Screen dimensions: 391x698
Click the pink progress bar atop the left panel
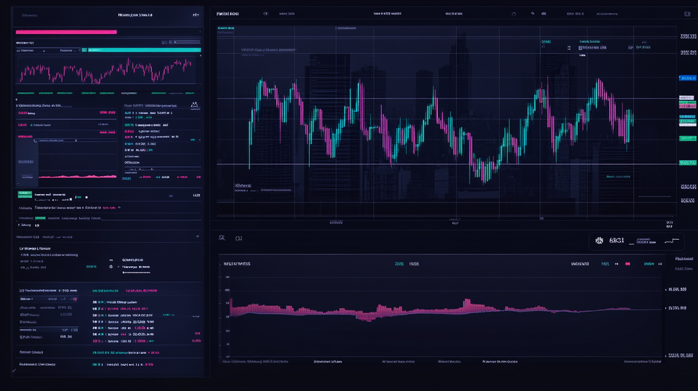[65, 32]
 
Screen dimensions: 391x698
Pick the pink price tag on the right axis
[687, 105]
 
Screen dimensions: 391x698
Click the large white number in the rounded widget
[617, 240]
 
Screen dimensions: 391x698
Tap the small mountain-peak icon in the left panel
[194, 105]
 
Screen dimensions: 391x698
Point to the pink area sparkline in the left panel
[77, 176]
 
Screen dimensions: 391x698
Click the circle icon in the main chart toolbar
[514, 14]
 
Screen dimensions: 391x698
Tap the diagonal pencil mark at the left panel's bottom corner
[13, 371]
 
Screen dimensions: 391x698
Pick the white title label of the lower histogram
[237, 264]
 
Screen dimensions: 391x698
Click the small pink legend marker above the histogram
[617, 265]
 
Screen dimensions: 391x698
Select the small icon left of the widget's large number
[599, 240]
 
